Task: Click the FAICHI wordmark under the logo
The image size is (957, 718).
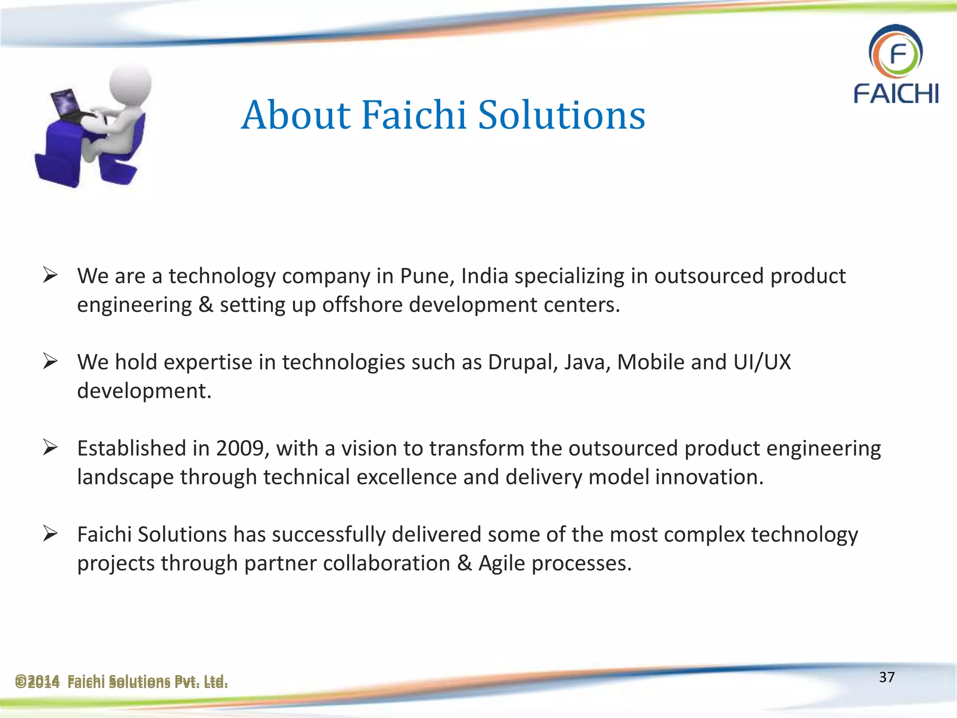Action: point(896,93)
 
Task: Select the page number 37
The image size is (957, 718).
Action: point(886,677)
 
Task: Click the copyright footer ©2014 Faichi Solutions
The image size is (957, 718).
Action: point(121,682)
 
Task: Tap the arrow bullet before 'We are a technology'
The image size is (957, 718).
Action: point(50,275)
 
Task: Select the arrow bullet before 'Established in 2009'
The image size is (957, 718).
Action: point(50,447)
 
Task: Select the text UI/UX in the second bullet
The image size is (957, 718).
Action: point(762,362)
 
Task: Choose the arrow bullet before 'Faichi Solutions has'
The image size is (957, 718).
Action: point(50,533)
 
